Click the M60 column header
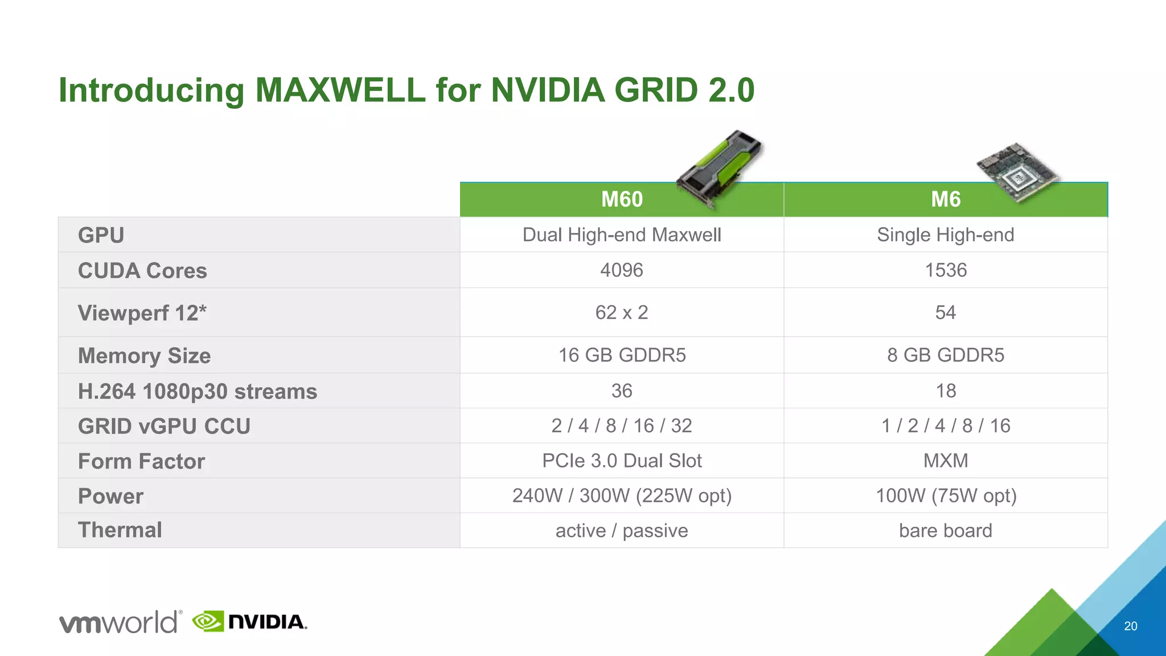622,200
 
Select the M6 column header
945,200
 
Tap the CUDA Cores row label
142,270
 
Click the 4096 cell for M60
622,270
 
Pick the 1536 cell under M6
945,270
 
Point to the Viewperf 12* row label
142,313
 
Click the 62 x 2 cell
622,312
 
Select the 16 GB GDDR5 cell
622,355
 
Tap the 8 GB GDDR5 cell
945,355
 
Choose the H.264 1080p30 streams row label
197,391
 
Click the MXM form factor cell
945,460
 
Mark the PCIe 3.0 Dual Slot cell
622,460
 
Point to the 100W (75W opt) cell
945,495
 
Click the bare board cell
945,530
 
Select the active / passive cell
622,530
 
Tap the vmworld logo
120,622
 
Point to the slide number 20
1130,626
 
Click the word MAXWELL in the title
340,90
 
